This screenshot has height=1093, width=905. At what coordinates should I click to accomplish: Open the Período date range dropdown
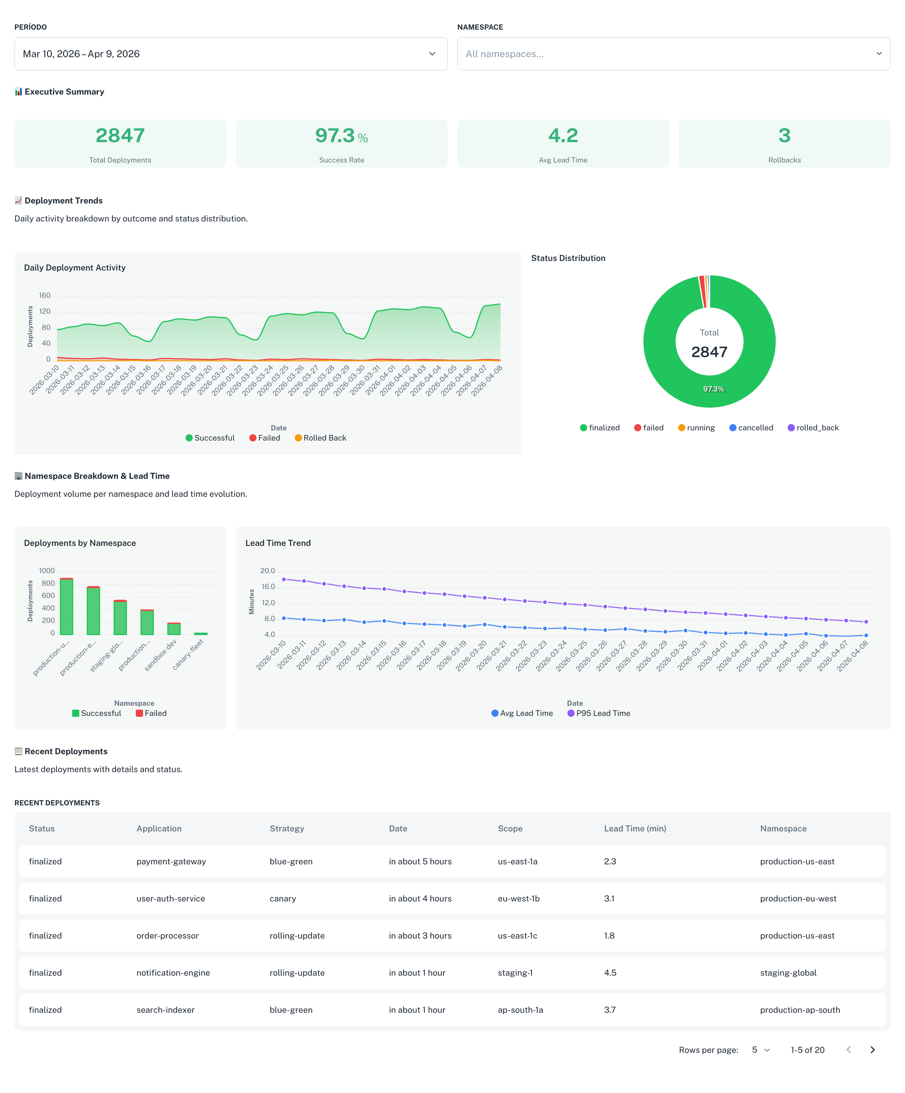pos(230,54)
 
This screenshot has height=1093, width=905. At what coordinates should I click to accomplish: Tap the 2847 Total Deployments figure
pos(120,136)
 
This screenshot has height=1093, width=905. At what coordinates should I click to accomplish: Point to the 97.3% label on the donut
pos(713,389)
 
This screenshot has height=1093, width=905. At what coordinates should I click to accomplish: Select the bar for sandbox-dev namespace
pos(174,629)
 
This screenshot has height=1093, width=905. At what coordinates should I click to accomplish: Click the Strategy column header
pos(287,829)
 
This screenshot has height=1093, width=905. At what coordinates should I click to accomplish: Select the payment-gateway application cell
pos(171,861)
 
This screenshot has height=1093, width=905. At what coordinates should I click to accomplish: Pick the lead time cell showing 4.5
pos(610,973)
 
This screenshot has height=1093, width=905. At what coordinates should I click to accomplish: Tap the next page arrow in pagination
pos(872,1050)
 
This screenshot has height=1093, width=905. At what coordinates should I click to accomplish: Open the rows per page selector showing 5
pos(760,1050)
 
